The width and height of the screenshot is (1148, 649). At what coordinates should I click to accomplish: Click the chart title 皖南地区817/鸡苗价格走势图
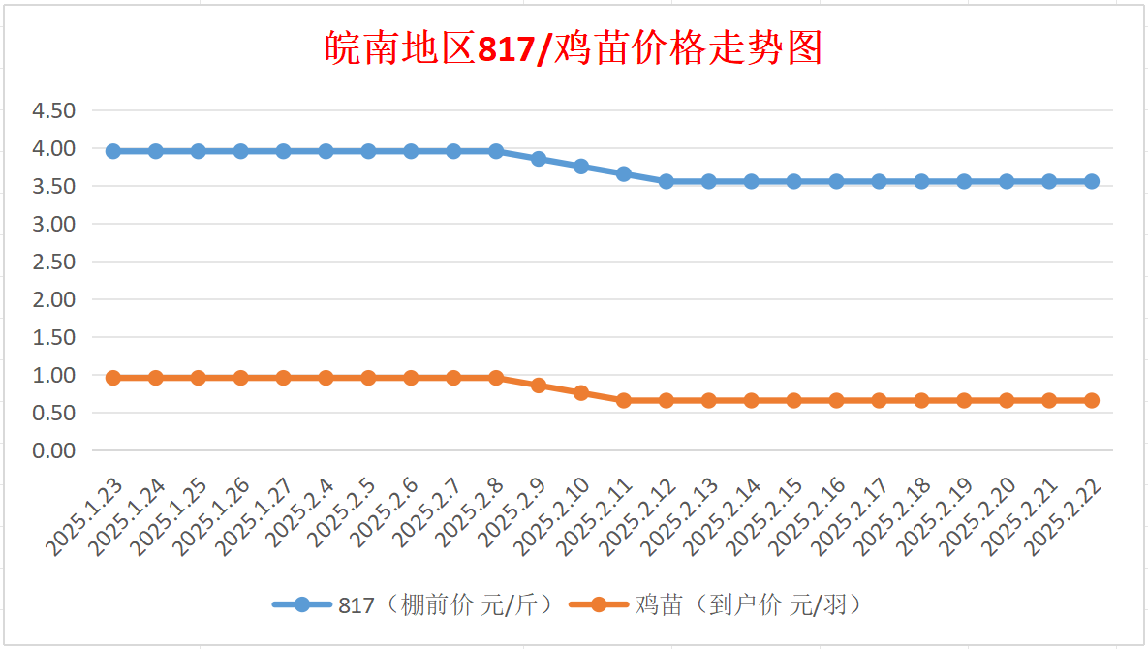click(x=574, y=48)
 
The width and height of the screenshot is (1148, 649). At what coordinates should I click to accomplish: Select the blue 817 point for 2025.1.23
click(x=112, y=151)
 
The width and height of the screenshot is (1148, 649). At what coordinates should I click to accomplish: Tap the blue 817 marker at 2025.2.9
click(x=538, y=159)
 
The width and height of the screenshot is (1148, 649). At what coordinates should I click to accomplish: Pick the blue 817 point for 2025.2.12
click(x=667, y=181)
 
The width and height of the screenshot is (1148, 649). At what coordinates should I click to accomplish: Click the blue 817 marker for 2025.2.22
click(x=1091, y=181)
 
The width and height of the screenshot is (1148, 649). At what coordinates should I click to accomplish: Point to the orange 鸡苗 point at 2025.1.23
click(x=112, y=379)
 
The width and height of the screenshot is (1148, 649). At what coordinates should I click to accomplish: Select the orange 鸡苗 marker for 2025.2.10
click(x=580, y=393)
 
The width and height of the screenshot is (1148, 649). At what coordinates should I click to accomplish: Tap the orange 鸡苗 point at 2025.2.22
click(x=1091, y=400)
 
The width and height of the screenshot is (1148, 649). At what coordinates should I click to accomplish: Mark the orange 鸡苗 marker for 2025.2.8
click(x=496, y=379)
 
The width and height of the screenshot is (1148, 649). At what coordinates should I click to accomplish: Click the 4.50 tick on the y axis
click(x=53, y=110)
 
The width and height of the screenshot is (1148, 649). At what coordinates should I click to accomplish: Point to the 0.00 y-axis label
click(x=53, y=450)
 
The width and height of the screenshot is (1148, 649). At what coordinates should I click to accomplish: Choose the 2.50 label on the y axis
click(x=53, y=262)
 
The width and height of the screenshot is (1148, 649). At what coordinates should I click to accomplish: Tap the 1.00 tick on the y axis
click(x=53, y=375)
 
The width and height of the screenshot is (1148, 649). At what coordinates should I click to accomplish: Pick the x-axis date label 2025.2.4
click(x=300, y=513)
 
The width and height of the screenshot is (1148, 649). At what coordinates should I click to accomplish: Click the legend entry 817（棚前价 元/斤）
click(x=415, y=605)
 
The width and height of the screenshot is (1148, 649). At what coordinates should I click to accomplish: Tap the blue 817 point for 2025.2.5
click(x=368, y=151)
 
